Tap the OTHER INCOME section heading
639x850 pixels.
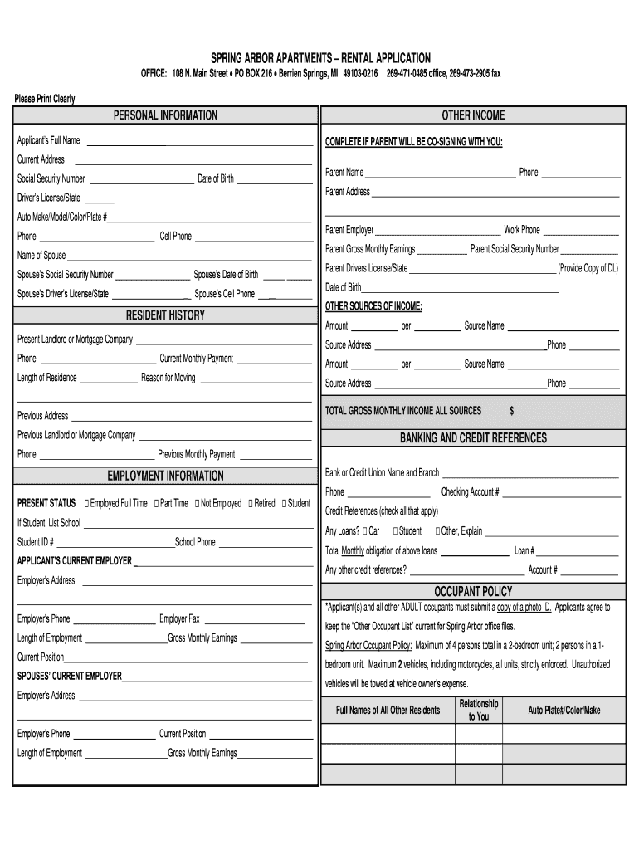(473, 115)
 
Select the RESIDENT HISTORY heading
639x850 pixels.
(165, 315)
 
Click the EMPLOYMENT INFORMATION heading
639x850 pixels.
(165, 476)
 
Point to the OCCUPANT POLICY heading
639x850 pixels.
(473, 591)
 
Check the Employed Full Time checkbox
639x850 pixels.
(87, 504)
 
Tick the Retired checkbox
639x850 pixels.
(250, 504)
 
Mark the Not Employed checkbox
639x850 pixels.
(197, 504)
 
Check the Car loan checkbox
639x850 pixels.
(365, 531)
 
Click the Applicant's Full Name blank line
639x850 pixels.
(199, 143)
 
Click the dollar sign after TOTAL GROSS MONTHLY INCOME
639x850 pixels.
(512, 411)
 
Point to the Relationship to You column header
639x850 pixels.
(479, 710)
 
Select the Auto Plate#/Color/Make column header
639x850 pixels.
(563, 711)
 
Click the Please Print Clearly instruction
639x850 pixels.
(45, 99)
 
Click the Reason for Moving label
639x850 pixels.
(168, 379)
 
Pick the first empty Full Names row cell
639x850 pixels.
(388, 734)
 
